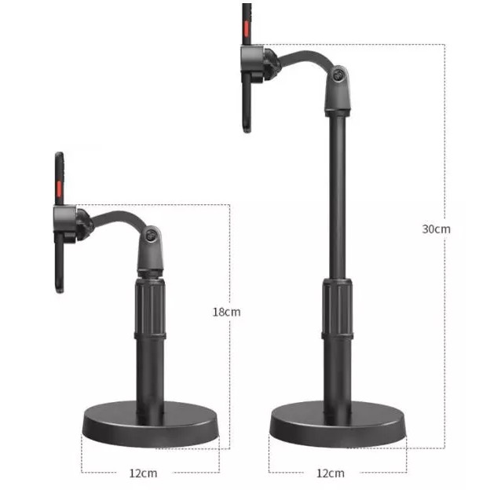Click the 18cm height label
pyautogui.click(x=227, y=312)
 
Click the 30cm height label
pyautogui.click(x=437, y=229)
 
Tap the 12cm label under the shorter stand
pyautogui.click(x=143, y=474)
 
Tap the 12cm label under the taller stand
pyautogui.click(x=331, y=474)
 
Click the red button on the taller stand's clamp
pyautogui.click(x=247, y=28)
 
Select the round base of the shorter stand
pyautogui.click(x=150, y=424)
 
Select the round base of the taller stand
pyautogui.click(x=338, y=424)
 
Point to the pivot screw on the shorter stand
pyautogui.click(x=152, y=235)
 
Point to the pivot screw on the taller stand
pyautogui.click(x=338, y=75)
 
